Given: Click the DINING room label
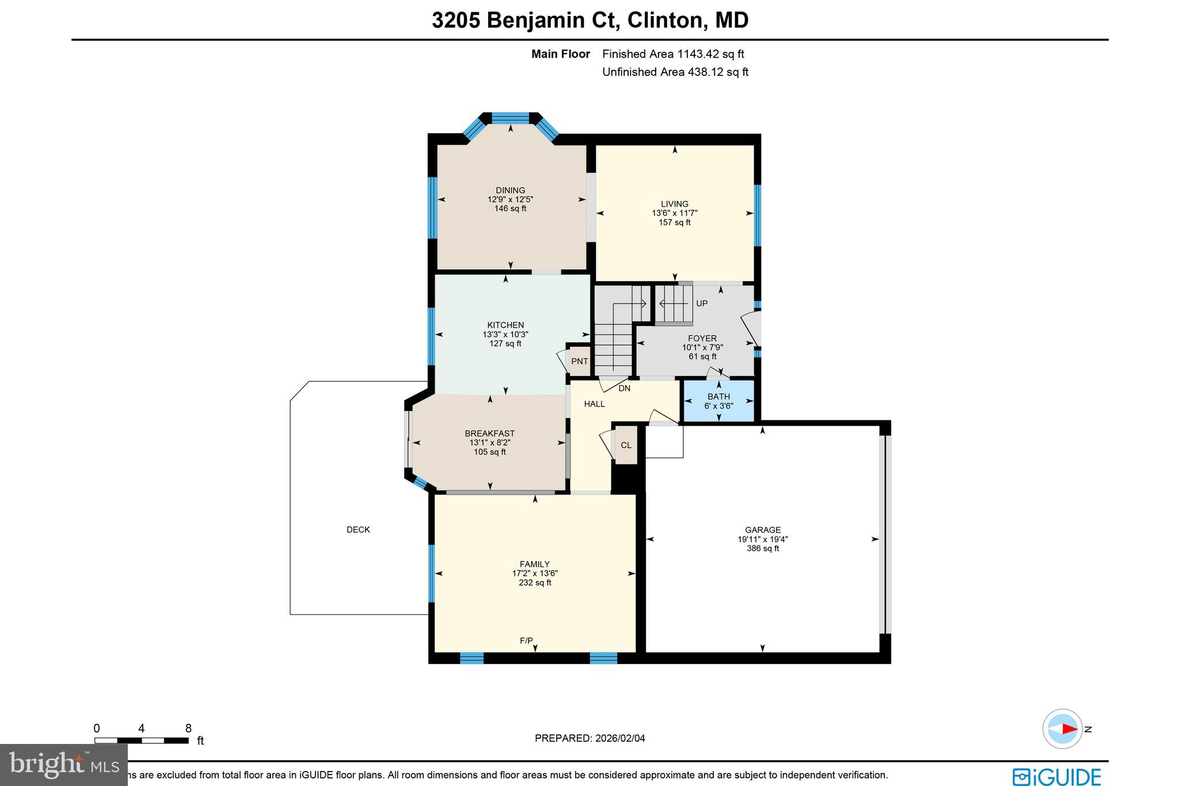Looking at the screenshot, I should click(510, 191).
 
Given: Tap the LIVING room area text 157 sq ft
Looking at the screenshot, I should click(675, 222).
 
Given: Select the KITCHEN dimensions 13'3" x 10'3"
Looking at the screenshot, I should click(505, 335).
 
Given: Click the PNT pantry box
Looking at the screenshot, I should click(579, 362).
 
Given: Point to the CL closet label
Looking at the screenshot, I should click(626, 445).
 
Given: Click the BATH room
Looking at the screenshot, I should click(718, 401).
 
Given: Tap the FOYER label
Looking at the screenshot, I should click(702, 339).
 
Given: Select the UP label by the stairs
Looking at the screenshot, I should click(702, 303).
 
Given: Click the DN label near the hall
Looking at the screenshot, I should click(625, 389).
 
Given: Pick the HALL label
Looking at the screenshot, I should click(594, 404).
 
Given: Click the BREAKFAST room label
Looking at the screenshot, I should click(489, 434).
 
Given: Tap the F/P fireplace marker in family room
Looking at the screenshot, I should click(526, 641).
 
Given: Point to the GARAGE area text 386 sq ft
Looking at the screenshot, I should click(762, 549).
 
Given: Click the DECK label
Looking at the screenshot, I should click(358, 530).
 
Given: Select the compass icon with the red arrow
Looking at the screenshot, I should click(1062, 728).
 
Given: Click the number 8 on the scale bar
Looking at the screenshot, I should click(188, 728).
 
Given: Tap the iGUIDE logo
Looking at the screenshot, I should click(1057, 776).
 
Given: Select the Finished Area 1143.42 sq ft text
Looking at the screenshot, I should click(672, 54).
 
